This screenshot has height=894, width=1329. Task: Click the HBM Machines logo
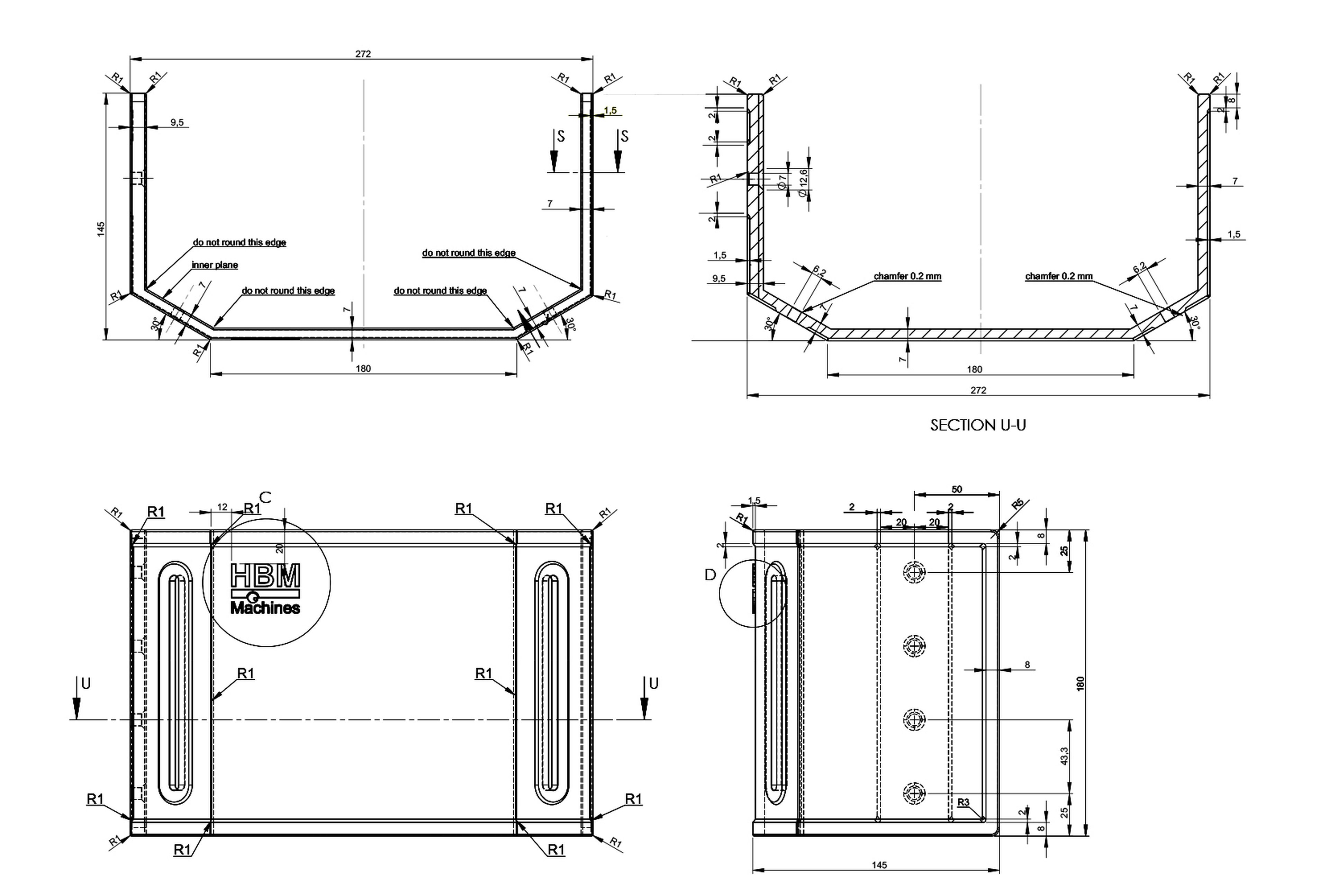click(265, 588)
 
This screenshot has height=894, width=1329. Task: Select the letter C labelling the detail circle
click(265, 497)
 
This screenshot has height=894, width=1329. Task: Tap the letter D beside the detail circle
click(710, 575)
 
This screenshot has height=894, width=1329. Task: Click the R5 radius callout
click(1017, 504)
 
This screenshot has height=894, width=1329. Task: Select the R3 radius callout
click(963, 802)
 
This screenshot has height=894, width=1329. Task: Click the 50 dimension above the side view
click(957, 489)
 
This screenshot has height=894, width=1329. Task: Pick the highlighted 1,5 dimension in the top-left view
click(611, 110)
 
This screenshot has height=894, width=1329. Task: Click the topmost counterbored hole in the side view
click(915, 572)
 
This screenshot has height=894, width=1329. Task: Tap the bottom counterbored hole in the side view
click(915, 793)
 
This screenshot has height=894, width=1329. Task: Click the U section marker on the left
click(85, 683)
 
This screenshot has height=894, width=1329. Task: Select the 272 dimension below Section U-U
click(978, 390)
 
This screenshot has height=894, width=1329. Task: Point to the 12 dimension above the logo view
click(222, 506)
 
